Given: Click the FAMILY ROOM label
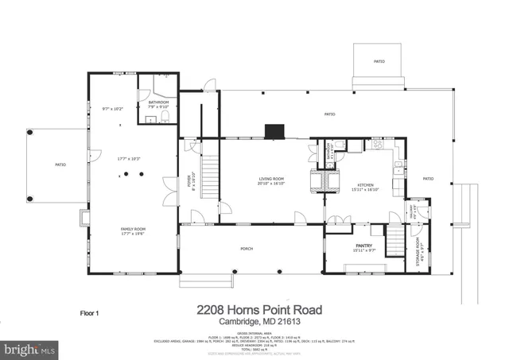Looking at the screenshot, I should coord(132,229).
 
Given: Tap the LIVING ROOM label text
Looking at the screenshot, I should coord(271,179).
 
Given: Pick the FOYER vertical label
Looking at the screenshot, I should coord(190,182).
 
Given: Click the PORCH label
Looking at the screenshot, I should coord(247,249).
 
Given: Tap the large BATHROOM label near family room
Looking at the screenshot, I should coord(158,102).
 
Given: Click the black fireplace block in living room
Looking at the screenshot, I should coord(274,130).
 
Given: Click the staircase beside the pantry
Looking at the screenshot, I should coord(394,241).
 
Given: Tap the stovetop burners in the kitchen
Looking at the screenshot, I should coord(378,145).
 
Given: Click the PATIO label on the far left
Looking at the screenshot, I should coord(60,165).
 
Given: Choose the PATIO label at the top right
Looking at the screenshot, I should coord(379,60).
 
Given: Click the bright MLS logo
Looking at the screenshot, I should coord(30,349).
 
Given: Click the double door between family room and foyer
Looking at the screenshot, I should coord(169,188).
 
